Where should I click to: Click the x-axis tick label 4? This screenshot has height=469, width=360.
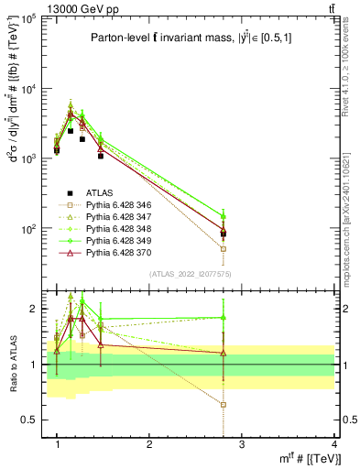click(334, 443)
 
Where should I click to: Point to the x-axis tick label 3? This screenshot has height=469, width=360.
click(242, 443)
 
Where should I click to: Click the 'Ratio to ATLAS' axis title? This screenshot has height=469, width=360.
click(12, 365)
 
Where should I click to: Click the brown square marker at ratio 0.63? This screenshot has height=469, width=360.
click(224, 404)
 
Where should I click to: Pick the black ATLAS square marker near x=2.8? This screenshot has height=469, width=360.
click(224, 234)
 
